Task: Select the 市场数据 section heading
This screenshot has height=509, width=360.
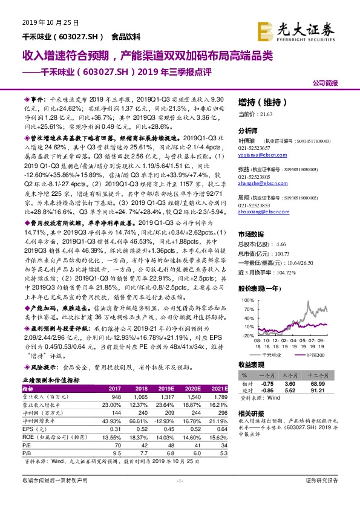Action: (252, 234)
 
